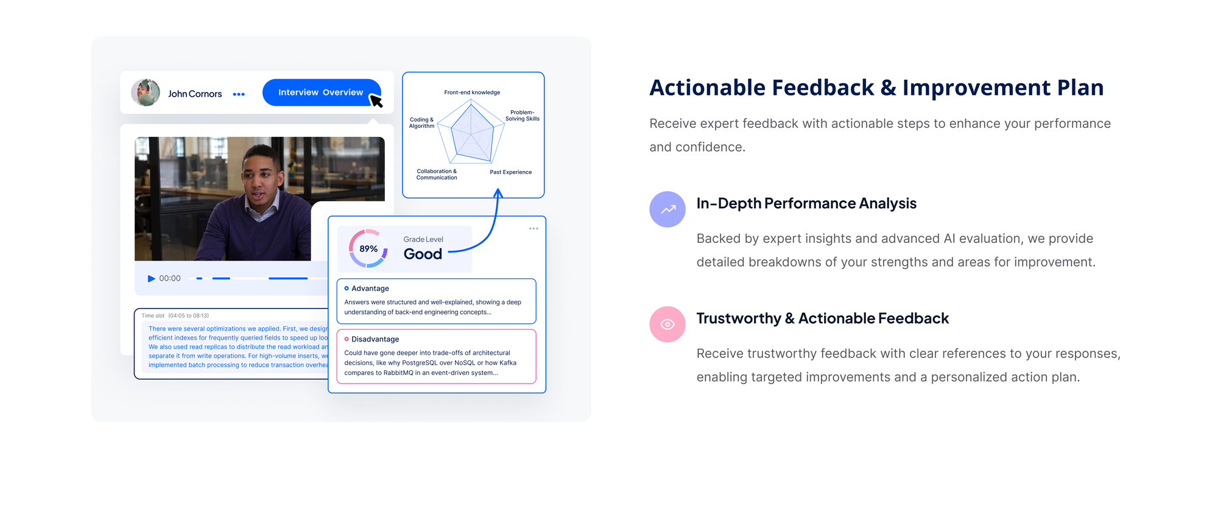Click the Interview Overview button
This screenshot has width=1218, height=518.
(320, 93)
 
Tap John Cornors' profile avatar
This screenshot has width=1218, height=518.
(146, 93)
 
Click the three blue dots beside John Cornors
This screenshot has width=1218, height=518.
(239, 94)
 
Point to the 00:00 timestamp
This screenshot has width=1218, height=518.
(170, 278)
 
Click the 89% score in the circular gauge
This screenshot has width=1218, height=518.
(368, 248)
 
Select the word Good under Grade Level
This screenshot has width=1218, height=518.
(423, 254)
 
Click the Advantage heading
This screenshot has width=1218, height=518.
(370, 289)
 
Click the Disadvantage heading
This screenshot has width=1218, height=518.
(375, 339)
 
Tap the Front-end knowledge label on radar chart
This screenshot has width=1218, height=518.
(472, 93)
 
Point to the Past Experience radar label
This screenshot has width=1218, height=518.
(510, 172)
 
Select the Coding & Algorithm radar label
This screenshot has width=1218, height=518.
(421, 123)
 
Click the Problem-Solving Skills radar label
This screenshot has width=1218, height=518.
(522, 116)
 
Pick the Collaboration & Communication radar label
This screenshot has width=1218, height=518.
(437, 175)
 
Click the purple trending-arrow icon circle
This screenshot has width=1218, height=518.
(667, 209)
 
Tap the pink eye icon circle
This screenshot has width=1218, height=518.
(667, 324)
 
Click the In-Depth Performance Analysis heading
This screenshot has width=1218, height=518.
(806, 203)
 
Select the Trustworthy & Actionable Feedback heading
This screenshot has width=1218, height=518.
(822, 318)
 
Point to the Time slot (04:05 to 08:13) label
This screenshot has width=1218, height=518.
(175, 316)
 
